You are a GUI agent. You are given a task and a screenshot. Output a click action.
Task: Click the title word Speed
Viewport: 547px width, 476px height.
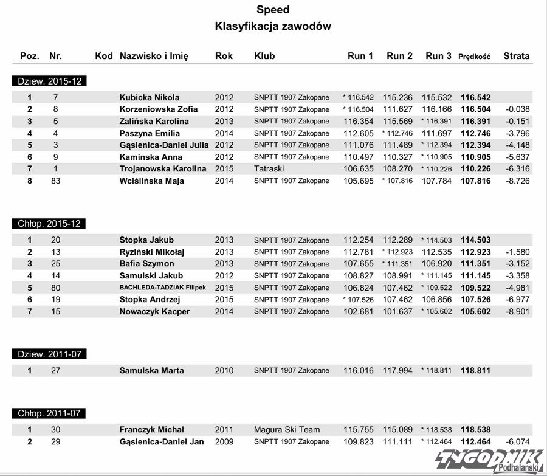pyautogui.click(x=273, y=10)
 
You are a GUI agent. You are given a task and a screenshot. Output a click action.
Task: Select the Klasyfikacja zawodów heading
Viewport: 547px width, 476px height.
pyautogui.click(x=273, y=27)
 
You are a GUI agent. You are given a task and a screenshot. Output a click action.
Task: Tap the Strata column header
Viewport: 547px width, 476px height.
pyautogui.click(x=516, y=56)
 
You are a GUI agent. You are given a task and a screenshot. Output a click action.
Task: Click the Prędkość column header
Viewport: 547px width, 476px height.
pyautogui.click(x=474, y=56)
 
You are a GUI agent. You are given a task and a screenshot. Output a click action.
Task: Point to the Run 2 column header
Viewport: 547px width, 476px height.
pyautogui.click(x=399, y=56)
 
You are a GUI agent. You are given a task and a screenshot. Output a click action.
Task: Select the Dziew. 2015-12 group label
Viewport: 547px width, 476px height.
pyautogui.click(x=49, y=81)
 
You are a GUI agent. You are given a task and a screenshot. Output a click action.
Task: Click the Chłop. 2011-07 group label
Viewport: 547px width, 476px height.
pyautogui.click(x=49, y=413)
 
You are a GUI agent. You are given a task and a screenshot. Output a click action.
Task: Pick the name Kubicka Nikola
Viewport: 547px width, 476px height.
pyautogui.click(x=150, y=97)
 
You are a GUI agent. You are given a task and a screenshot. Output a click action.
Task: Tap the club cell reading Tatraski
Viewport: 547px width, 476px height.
pyautogui.click(x=269, y=168)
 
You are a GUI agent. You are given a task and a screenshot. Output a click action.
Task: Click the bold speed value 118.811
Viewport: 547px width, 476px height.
pyautogui.click(x=475, y=370)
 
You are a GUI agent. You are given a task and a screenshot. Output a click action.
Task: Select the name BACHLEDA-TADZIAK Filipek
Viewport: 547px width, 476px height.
pyautogui.click(x=162, y=288)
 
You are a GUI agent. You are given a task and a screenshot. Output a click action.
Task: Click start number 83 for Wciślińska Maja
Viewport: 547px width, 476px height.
pyautogui.click(x=55, y=181)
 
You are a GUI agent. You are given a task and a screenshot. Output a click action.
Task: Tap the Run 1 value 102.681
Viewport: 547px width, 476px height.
pyautogui.click(x=359, y=311)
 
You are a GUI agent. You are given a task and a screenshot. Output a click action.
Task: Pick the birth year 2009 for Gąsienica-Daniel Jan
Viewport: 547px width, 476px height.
pyautogui.click(x=224, y=441)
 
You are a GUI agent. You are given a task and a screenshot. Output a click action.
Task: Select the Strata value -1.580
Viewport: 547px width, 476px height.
pyautogui.click(x=517, y=252)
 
